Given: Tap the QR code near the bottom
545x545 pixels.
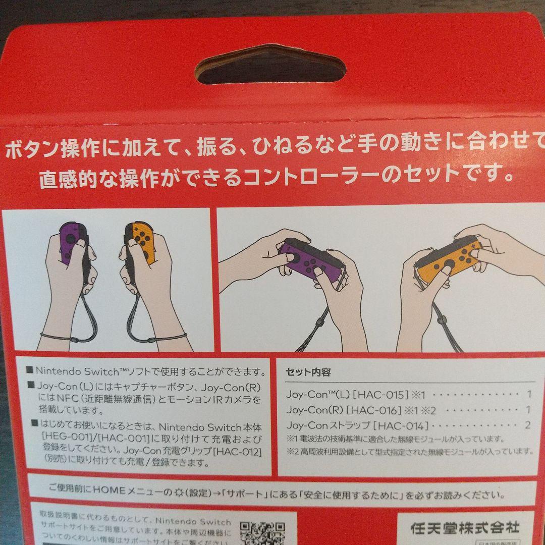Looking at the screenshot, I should point(262,532).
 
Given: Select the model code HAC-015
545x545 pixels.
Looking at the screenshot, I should point(374,395).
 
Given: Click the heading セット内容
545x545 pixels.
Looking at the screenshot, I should point(308,373).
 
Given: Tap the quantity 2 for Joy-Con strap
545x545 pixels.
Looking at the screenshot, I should point(528,425).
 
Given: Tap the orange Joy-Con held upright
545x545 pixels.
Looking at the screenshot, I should point(141,244).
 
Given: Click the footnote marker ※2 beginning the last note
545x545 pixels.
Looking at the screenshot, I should point(293,451).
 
